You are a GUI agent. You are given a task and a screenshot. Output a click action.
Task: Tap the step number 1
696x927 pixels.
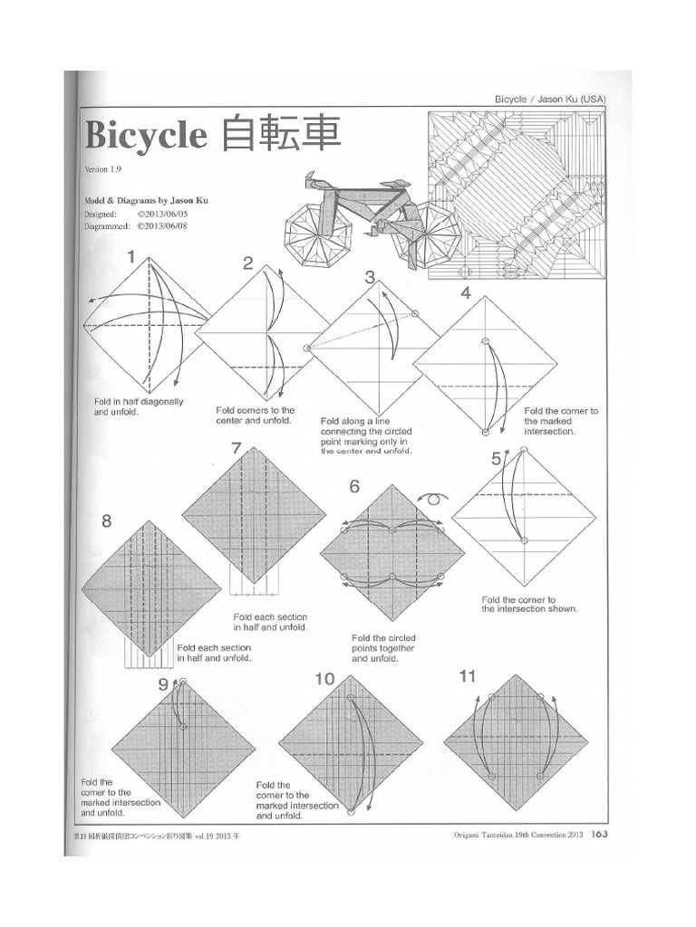point(131,258)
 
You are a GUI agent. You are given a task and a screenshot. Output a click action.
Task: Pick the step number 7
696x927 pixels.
point(237,448)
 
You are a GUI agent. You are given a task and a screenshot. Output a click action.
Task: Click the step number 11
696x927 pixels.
point(468,676)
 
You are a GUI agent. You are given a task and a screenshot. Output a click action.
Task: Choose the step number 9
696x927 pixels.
point(163,684)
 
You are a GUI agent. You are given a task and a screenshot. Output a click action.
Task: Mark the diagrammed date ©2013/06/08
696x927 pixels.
point(161,228)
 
